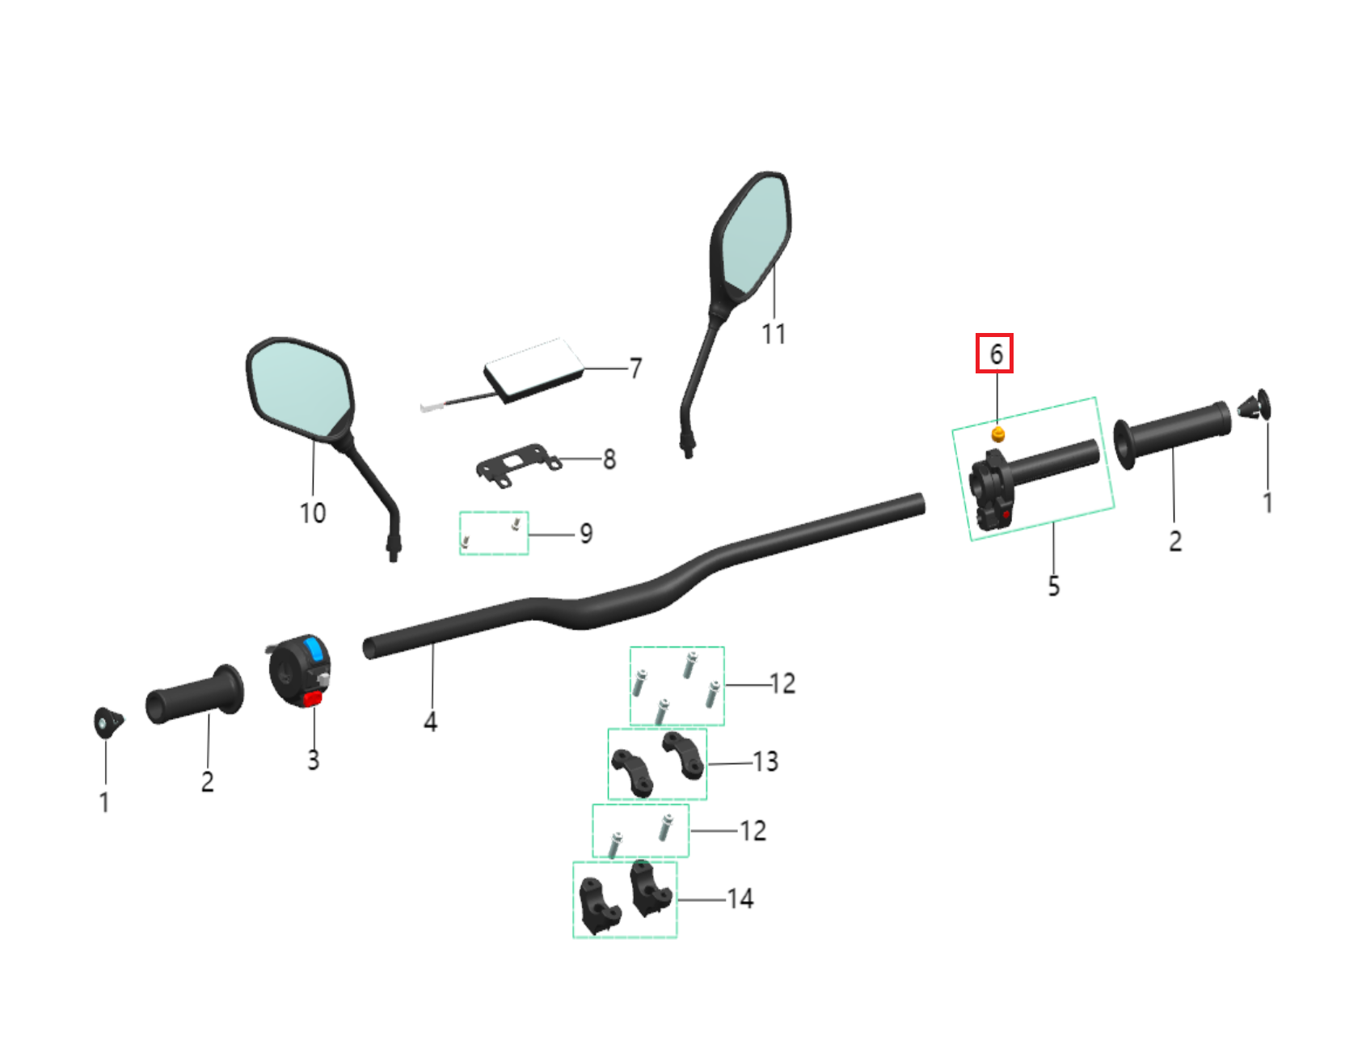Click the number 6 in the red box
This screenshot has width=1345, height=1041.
click(x=996, y=354)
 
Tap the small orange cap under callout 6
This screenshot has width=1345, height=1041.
click(x=998, y=435)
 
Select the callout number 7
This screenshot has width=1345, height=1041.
click(x=635, y=369)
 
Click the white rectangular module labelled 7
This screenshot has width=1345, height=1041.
click(x=534, y=370)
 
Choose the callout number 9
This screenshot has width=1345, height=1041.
click(x=586, y=533)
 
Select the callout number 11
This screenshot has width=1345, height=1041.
click(x=774, y=333)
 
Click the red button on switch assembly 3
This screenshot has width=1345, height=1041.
click(x=313, y=698)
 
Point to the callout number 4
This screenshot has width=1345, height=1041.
click(x=431, y=721)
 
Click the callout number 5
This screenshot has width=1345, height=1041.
click(x=1053, y=585)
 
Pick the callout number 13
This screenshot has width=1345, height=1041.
click(x=765, y=761)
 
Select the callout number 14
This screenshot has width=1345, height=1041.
click(x=740, y=899)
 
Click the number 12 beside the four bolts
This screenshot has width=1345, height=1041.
click(x=782, y=684)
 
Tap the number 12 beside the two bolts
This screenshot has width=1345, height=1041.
click(x=753, y=831)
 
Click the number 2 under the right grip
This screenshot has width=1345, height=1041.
click(x=1175, y=541)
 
